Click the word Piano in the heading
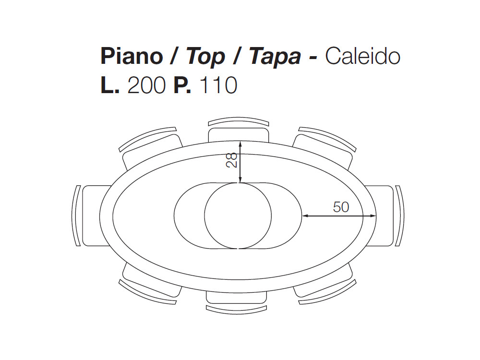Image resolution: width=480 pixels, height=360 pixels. coord(132,56)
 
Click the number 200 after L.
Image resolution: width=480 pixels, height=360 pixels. coord(146,85)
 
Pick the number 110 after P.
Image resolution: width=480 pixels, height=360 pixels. coord(218,85)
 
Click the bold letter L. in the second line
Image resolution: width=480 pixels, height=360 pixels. coord(110,85)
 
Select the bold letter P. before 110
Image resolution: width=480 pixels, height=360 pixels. coord(182,85)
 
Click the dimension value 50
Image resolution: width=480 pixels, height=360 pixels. coord(341,207)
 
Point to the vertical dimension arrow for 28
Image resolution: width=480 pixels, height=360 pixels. coord(240,162)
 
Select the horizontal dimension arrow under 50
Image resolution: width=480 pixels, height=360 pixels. coord(339,216)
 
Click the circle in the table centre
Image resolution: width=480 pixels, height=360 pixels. coord(238,216)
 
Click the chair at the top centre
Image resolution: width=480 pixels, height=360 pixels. coord(239,130)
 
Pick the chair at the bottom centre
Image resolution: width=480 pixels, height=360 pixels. coord(236,301)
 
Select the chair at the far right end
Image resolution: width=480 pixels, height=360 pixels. coord(384,216)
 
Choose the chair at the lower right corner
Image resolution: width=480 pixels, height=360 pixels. coord(325,284)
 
